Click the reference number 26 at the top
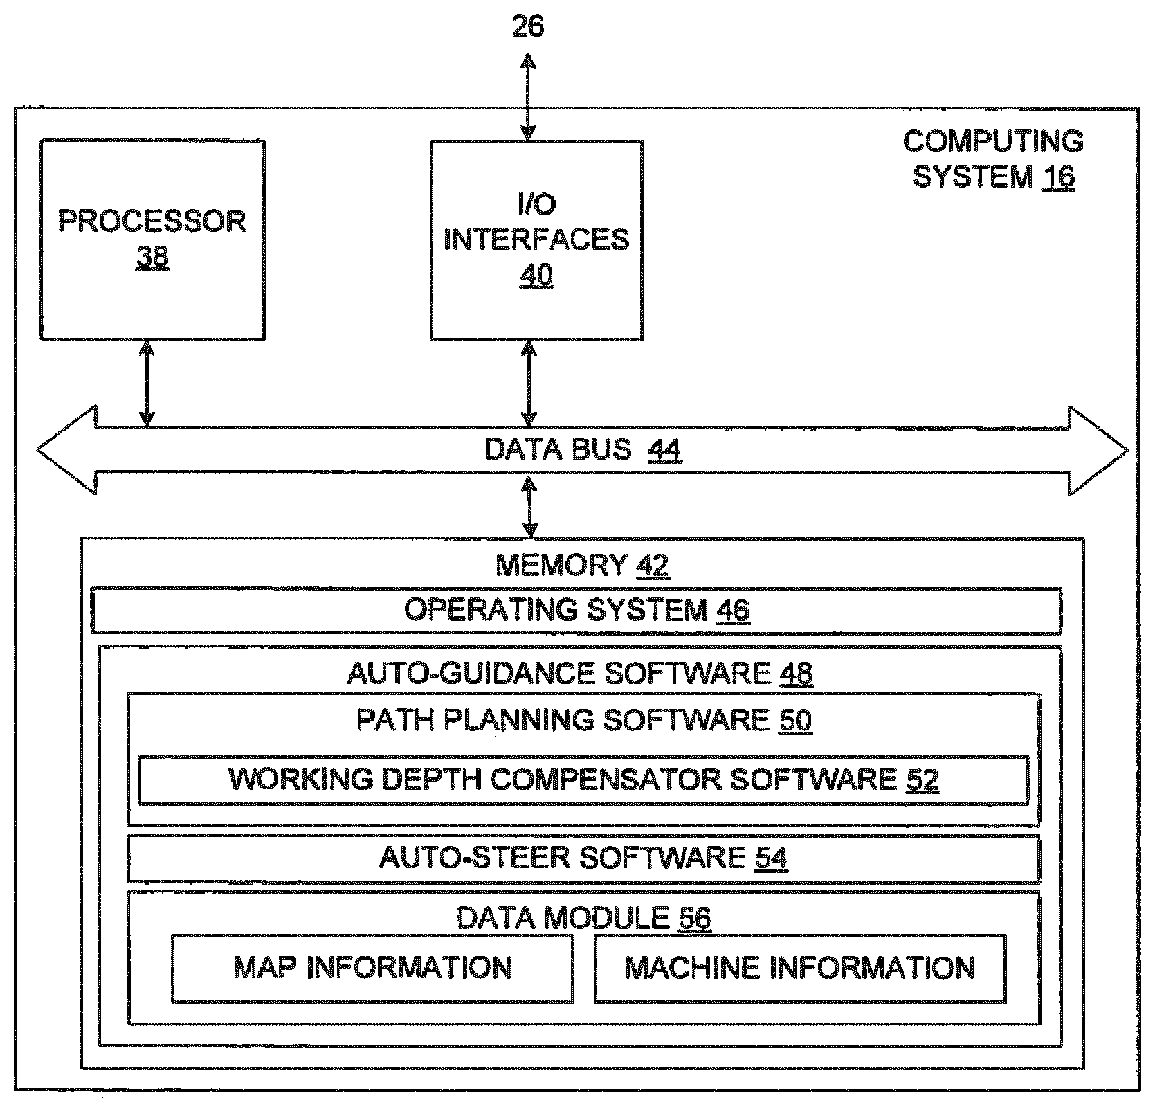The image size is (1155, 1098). pos(527,26)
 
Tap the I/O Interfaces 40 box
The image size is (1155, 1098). pos(536,240)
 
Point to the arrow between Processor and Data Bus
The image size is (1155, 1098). pos(146,384)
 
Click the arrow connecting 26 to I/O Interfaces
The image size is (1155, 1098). pos(528,98)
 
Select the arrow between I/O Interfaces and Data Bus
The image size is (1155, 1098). pos(529,384)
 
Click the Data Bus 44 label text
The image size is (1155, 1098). pos(581,449)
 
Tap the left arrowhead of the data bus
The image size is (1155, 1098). pos(66,451)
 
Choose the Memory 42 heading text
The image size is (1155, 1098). pos(581,566)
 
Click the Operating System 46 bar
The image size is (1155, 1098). pos(576,610)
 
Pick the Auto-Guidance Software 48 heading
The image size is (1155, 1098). pos(579,673)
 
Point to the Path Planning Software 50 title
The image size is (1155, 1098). pos(583,720)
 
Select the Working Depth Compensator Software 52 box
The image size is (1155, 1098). pos(583,780)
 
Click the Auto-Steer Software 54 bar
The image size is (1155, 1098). pos(583,858)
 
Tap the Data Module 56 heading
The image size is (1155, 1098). pos(583,918)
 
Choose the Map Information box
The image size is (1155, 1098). pos(372,967)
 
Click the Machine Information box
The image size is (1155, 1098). pos(799,967)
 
